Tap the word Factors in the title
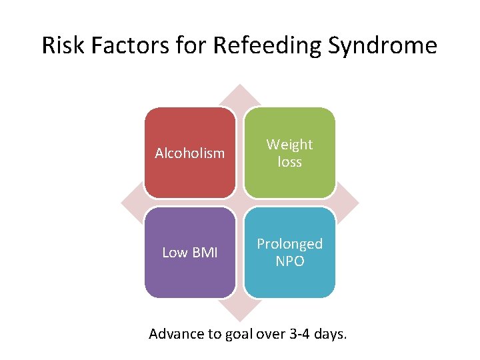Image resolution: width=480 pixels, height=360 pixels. (x=135, y=46)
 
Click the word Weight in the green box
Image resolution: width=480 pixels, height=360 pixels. (x=289, y=145)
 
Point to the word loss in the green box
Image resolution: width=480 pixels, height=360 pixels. (x=289, y=162)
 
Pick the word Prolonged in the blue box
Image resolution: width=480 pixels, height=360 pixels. (x=289, y=244)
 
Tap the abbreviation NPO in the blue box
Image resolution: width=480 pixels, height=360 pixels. (x=289, y=261)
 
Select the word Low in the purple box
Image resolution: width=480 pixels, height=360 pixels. (x=175, y=253)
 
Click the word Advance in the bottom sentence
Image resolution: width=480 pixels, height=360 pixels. (x=175, y=334)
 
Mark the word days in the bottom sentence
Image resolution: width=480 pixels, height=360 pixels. (x=330, y=334)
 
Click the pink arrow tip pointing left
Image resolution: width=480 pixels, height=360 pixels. (x=127, y=202)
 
